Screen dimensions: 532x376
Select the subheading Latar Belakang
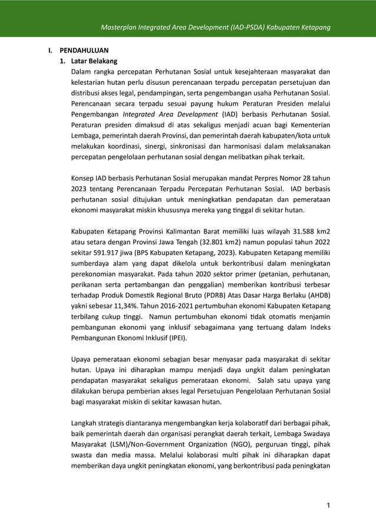point(94,61)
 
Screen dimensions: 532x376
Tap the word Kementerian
point(308,126)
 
